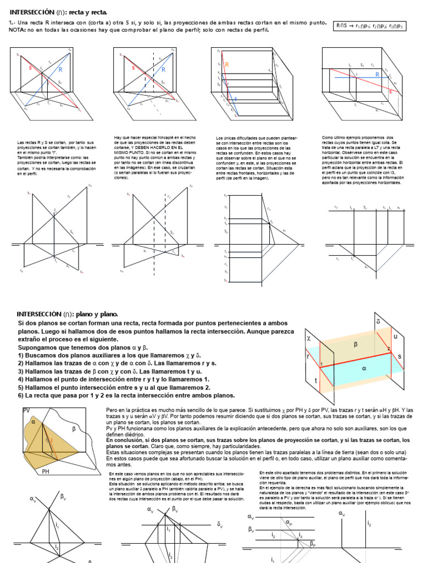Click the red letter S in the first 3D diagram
coord(30,68)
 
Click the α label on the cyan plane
coord(363,370)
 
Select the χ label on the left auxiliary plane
coord(309,339)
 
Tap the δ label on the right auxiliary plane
coord(377,321)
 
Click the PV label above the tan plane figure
coord(26,410)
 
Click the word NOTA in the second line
coord(18,30)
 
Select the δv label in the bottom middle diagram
coord(219,526)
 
